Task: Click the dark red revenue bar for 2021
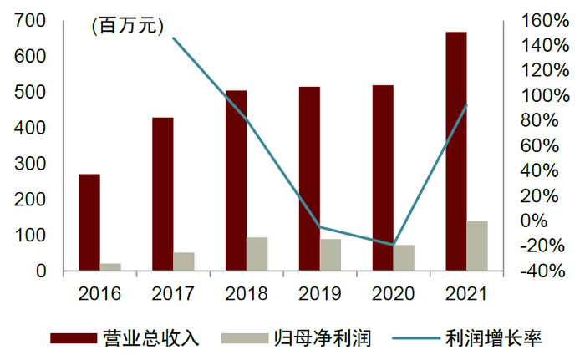tap(455, 150)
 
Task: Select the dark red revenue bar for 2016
tap(89, 221)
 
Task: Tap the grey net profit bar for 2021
tap(477, 246)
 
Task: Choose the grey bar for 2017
tap(184, 261)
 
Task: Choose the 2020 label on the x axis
tap(393, 293)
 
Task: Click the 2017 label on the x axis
tap(173, 293)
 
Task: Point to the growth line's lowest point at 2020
tap(393, 245)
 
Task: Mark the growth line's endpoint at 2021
tap(466, 105)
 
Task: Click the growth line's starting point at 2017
tap(173, 38)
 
